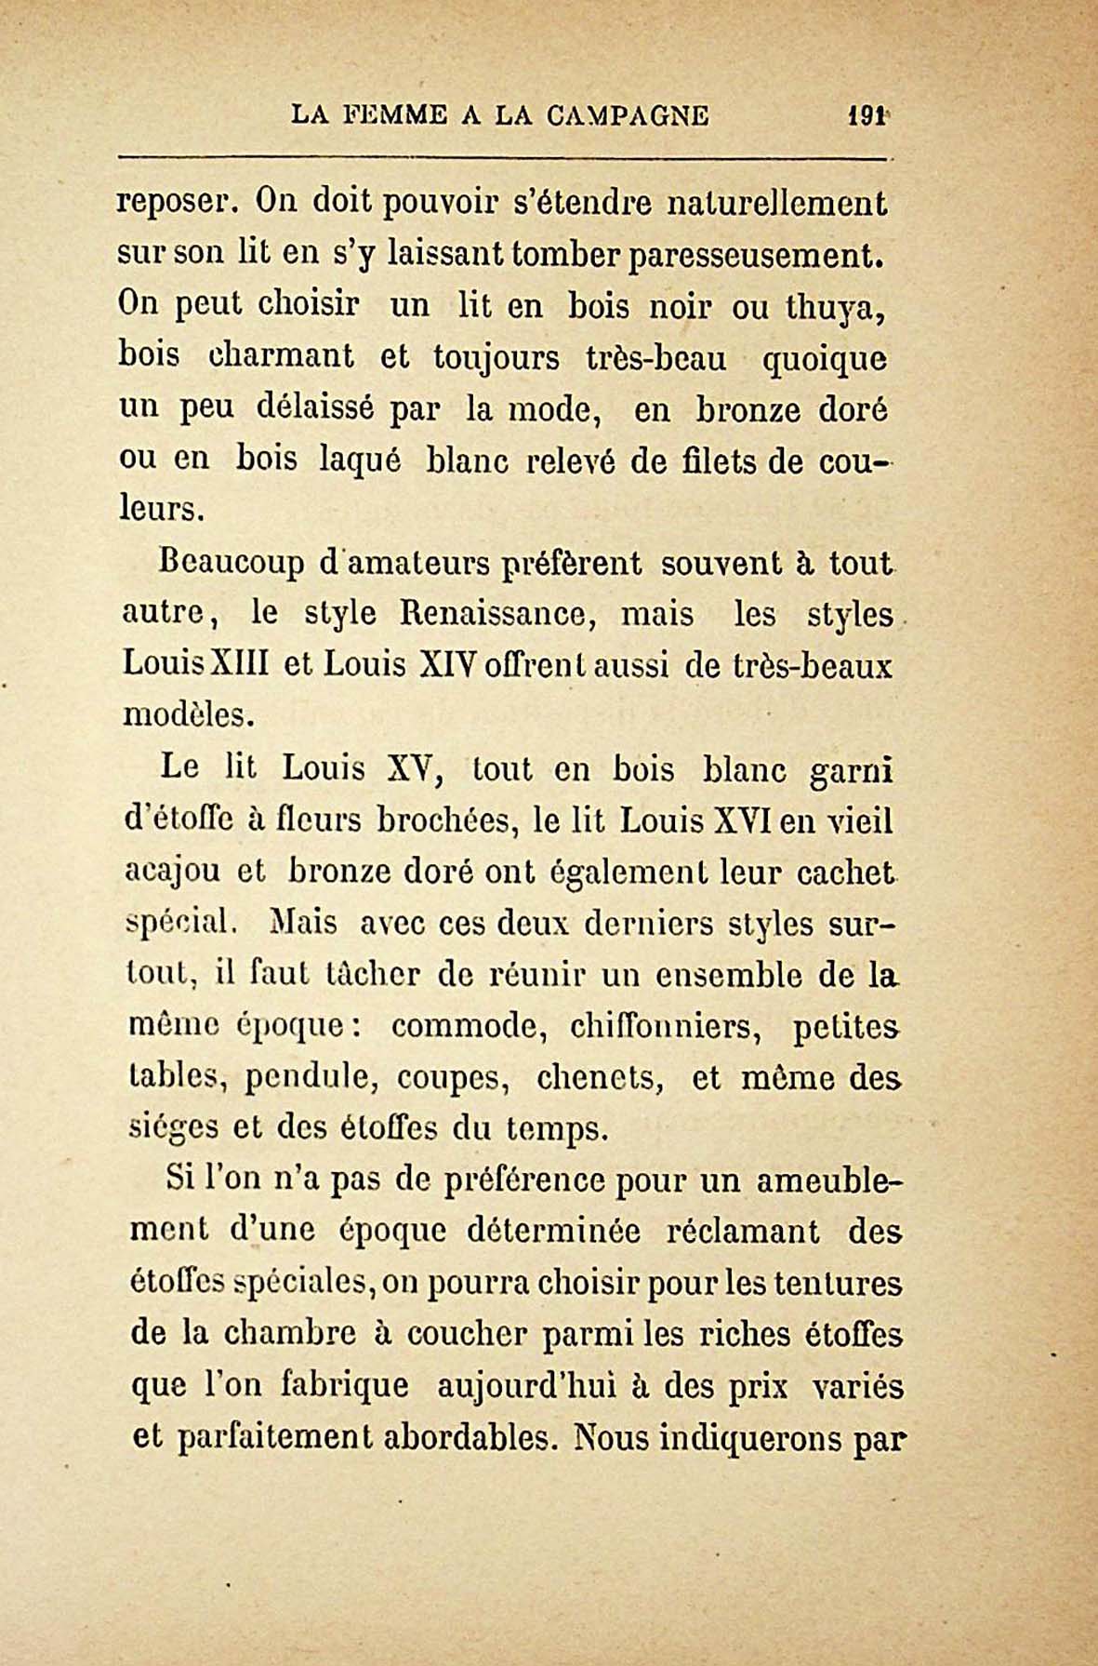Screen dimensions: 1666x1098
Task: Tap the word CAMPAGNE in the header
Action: tap(628, 115)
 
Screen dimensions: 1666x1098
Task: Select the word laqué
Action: tap(360, 460)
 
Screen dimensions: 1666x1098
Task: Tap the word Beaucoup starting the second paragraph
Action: tap(219, 564)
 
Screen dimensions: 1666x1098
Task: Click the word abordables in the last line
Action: tap(469, 1439)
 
